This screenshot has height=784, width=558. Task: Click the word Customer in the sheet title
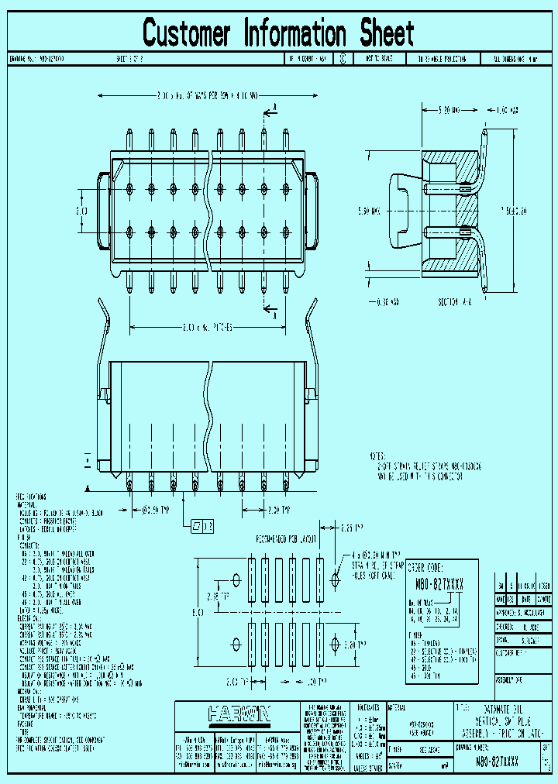(x=187, y=33)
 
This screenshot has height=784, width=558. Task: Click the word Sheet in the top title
(x=386, y=33)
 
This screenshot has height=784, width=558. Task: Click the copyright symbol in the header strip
(x=343, y=58)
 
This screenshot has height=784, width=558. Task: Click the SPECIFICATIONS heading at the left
(x=30, y=496)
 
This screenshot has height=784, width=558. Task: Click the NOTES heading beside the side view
(x=379, y=457)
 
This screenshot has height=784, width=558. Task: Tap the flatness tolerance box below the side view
(x=202, y=527)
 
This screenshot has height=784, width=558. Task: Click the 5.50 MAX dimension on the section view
(x=370, y=210)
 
